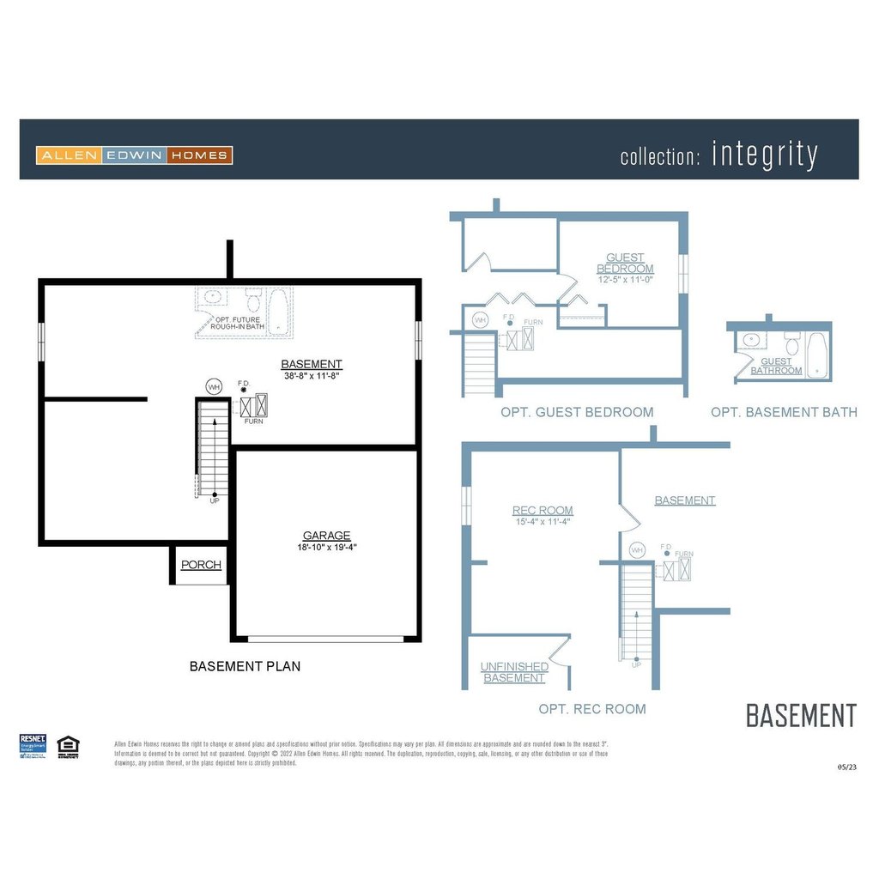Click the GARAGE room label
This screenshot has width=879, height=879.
[x=326, y=536]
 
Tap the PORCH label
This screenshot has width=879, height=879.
[x=201, y=565]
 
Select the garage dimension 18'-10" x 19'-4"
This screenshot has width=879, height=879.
[x=326, y=547]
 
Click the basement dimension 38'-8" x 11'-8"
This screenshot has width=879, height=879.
[x=311, y=375]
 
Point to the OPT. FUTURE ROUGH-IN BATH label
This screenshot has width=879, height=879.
[x=239, y=323]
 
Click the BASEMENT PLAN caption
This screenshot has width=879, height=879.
[x=245, y=666]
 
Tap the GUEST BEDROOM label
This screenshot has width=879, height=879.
[x=625, y=263]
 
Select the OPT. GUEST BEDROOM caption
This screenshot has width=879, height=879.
[x=577, y=412]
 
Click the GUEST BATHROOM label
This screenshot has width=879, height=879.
[x=776, y=367]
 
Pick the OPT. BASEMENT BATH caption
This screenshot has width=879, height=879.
[x=784, y=412]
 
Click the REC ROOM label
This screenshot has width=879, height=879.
[x=543, y=511]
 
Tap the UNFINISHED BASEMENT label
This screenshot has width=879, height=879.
[x=514, y=672]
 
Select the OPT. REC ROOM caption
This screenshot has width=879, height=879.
[x=592, y=709]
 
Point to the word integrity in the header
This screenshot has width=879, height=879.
[x=764, y=155]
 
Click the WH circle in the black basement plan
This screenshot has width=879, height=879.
[x=214, y=387]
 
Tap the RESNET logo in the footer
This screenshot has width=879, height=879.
[x=33, y=746]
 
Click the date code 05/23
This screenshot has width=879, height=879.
[x=846, y=767]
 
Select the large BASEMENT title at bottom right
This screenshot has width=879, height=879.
[x=801, y=715]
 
